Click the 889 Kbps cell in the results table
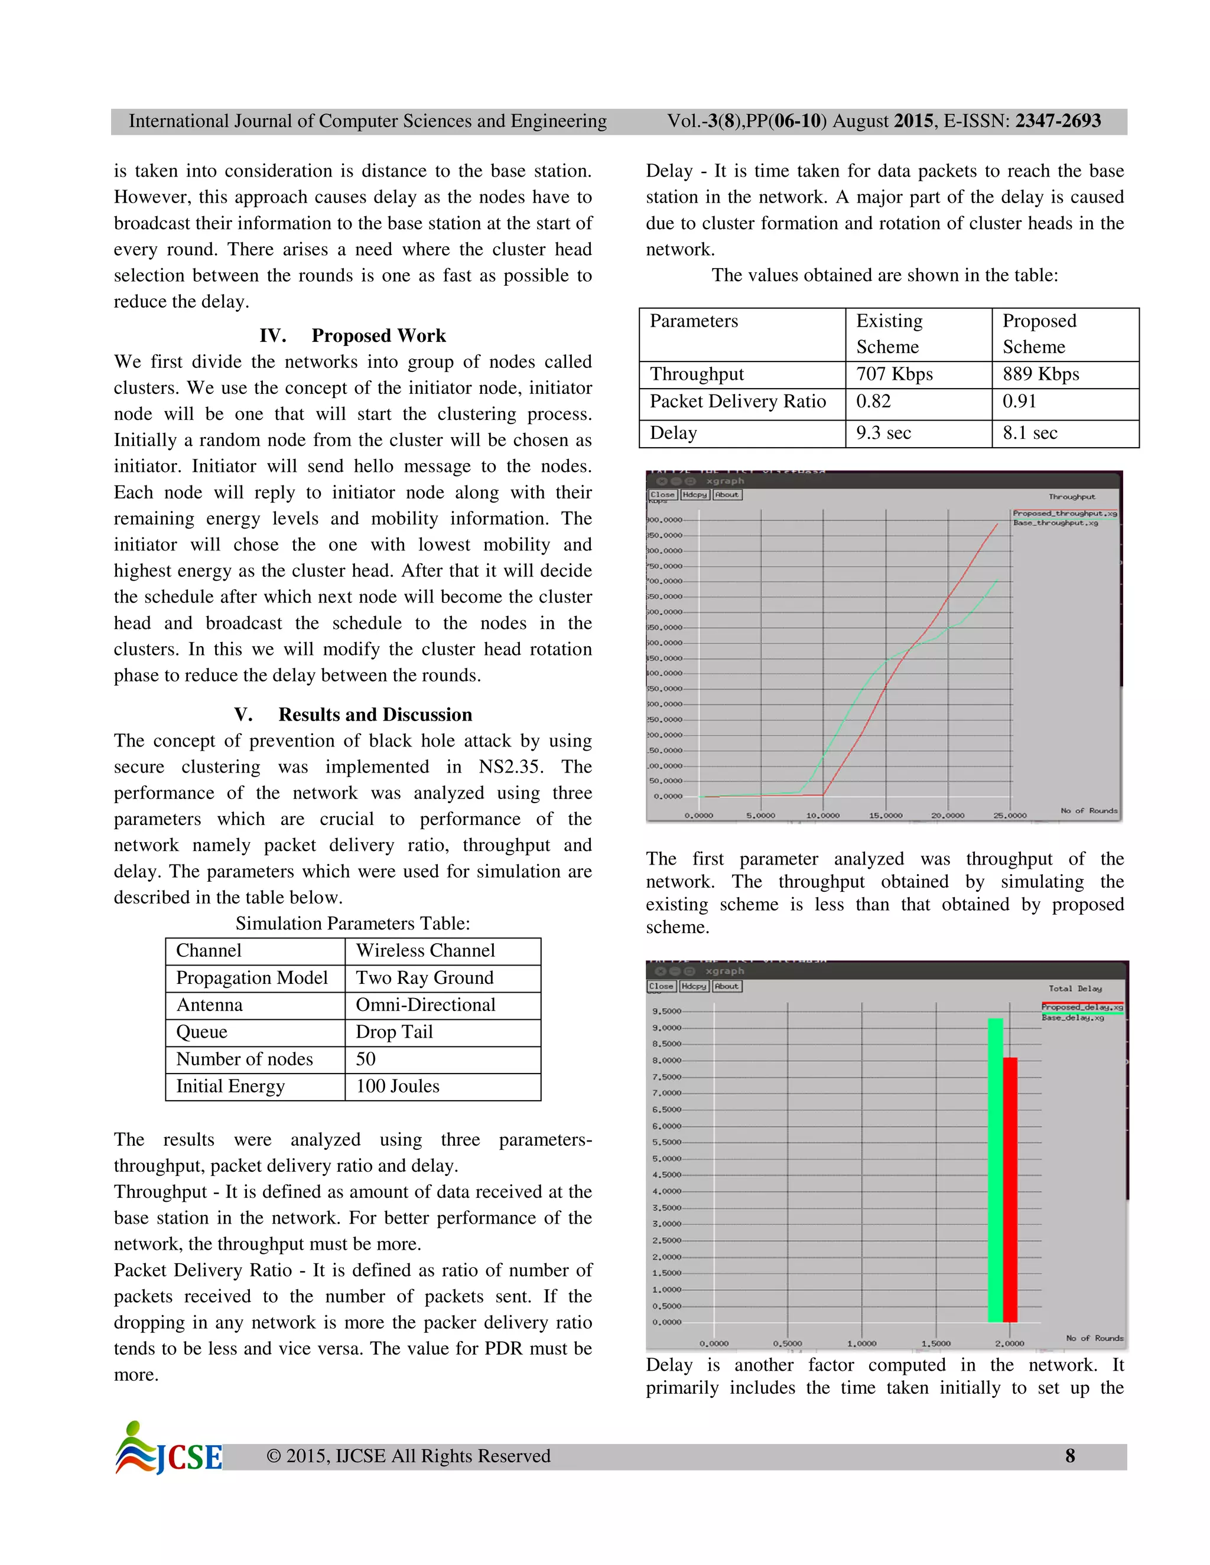pos(1041,374)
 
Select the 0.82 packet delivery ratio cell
pos(873,401)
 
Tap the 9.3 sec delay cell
pos(883,433)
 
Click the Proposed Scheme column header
pos(1039,334)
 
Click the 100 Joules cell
pos(397,1085)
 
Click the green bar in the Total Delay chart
pos(994,1169)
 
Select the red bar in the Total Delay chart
pos(1009,1189)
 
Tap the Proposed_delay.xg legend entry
pos(1081,1007)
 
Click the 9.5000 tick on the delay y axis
pos(666,1011)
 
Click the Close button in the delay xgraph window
pos(661,986)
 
